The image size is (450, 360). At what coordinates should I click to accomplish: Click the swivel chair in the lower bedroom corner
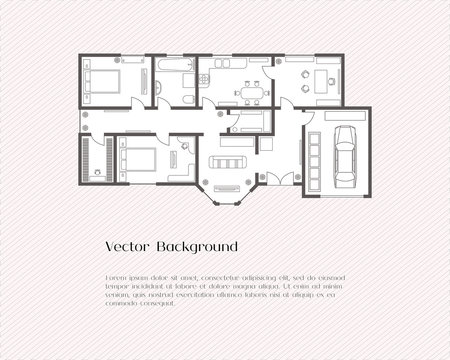click(184, 147)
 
